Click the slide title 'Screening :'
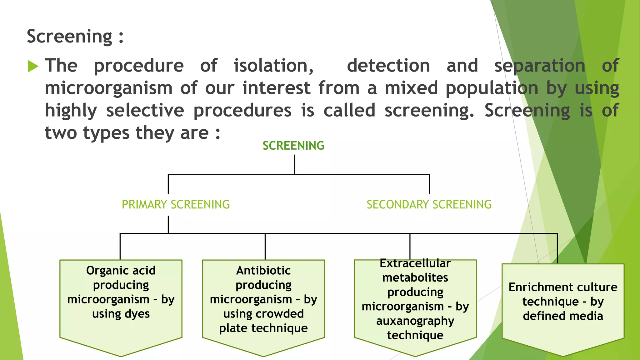[75, 37]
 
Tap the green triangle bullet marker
[33, 66]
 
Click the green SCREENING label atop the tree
[293, 146]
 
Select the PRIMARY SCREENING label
[176, 205]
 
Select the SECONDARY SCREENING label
[429, 205]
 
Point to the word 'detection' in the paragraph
[388, 66]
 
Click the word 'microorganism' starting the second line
[108, 88]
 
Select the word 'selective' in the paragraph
[145, 111]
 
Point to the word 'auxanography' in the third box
[415, 321]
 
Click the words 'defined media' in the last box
[563, 316]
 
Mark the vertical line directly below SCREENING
[295, 165]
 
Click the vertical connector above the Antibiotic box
[265, 246]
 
